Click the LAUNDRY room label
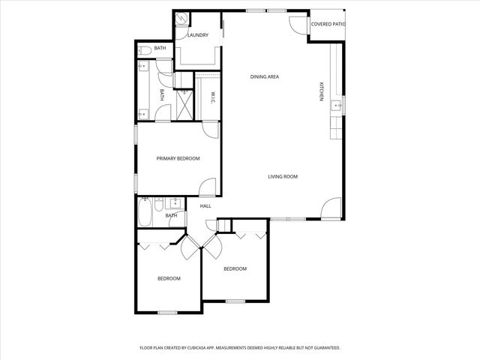(x=198, y=35)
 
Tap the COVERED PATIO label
(x=327, y=25)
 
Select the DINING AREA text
(x=265, y=76)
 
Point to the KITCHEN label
(x=321, y=91)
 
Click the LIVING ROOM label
(x=283, y=177)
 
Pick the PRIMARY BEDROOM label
(x=178, y=158)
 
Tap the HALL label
(x=205, y=205)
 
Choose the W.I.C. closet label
(x=212, y=97)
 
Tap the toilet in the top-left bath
(x=142, y=50)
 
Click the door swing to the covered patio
(x=299, y=24)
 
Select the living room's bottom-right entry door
(x=331, y=208)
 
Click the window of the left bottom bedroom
(x=167, y=312)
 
